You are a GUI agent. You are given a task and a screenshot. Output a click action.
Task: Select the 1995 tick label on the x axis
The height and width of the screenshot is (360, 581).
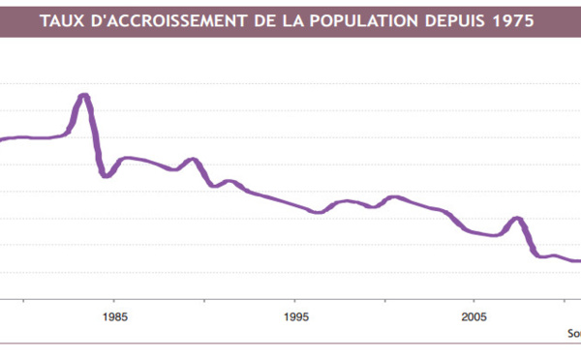coord(296,316)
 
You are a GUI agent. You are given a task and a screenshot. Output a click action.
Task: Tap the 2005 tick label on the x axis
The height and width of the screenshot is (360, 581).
coord(474,316)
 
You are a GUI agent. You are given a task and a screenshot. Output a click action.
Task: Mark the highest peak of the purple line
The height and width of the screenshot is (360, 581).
coord(84,95)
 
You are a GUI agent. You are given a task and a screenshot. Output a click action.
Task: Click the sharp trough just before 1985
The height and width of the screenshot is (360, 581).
coord(105,176)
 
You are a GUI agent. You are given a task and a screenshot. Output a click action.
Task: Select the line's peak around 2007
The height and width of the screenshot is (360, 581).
coord(518,219)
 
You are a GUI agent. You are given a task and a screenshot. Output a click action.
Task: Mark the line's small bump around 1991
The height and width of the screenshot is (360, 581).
coord(229,181)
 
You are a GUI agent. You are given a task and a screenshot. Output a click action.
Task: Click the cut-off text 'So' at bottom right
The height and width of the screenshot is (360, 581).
coord(573,333)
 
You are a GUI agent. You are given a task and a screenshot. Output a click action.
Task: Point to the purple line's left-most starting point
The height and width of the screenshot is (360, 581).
coord(2,140)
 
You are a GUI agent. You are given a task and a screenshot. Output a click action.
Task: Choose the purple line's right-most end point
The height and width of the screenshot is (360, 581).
coord(579,260)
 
